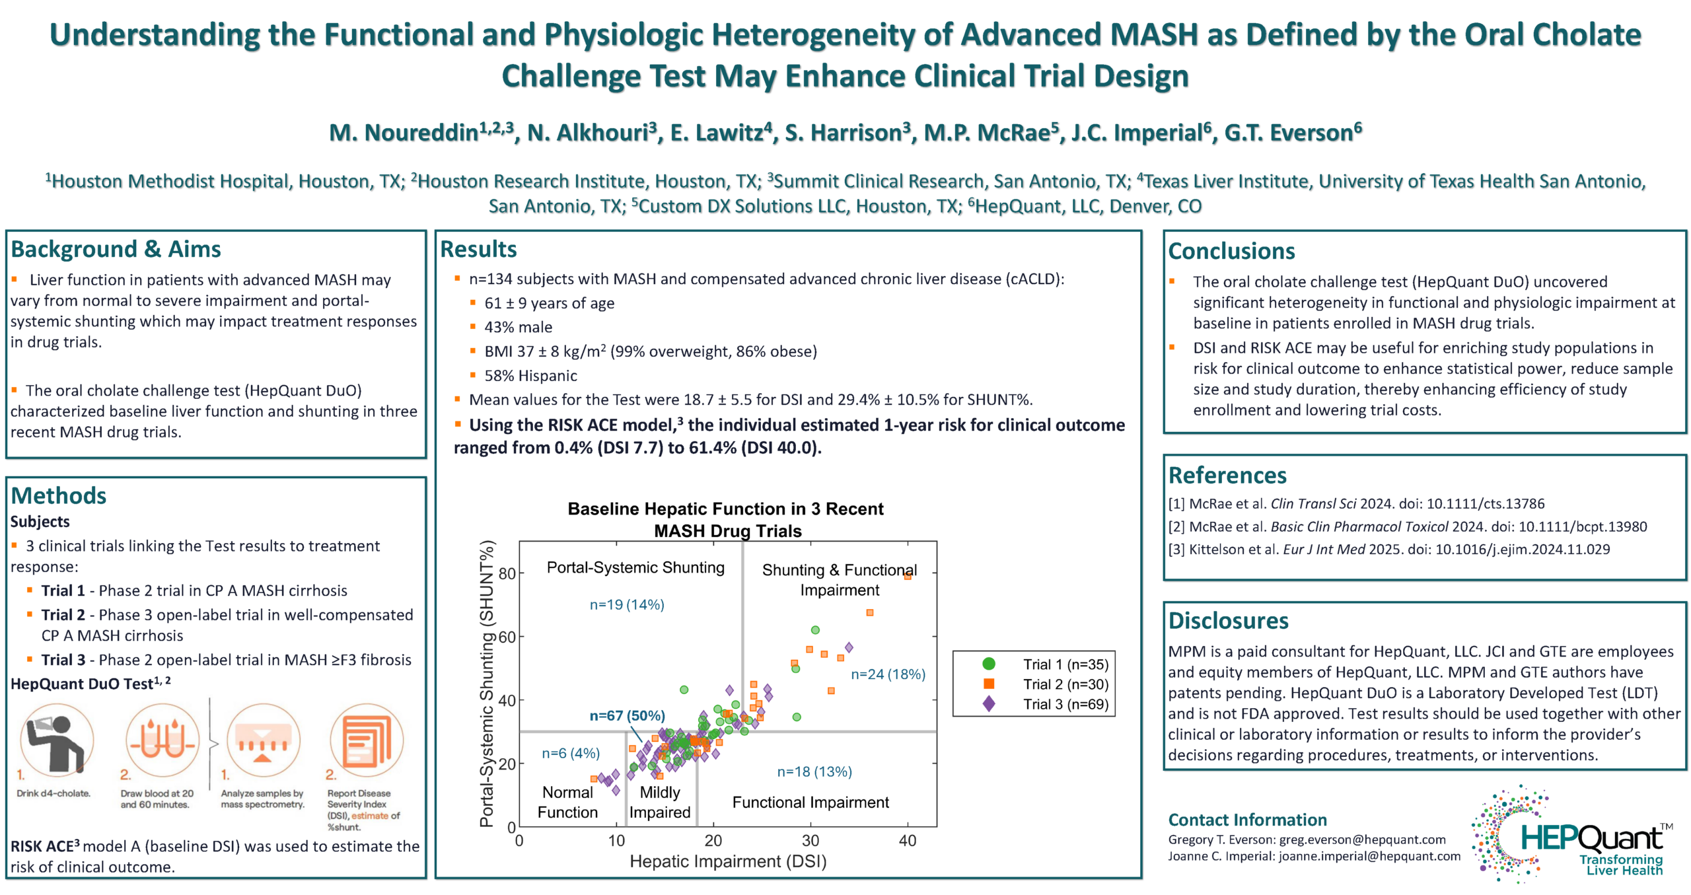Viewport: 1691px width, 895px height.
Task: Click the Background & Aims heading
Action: pos(116,250)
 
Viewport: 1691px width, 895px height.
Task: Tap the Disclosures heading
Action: pos(1228,621)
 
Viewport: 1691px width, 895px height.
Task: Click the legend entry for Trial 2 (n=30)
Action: pos(1065,684)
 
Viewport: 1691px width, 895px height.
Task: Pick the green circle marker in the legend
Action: pos(988,664)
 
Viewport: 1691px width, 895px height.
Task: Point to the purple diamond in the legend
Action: pos(988,704)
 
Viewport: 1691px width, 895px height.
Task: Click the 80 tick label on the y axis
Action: pos(507,573)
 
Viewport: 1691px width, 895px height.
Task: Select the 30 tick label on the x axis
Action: pos(810,841)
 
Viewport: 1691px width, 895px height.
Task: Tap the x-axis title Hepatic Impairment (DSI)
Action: pos(727,861)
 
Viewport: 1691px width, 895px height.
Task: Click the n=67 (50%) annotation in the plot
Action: pos(627,715)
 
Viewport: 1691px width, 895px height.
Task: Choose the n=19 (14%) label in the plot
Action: pos(626,604)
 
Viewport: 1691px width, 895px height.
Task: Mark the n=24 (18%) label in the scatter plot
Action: pos(887,674)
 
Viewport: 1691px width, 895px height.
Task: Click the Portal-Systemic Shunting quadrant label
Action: pos(635,567)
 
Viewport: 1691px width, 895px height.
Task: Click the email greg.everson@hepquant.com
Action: pos(1362,840)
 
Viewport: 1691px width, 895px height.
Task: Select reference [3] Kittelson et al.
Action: pos(1388,550)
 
